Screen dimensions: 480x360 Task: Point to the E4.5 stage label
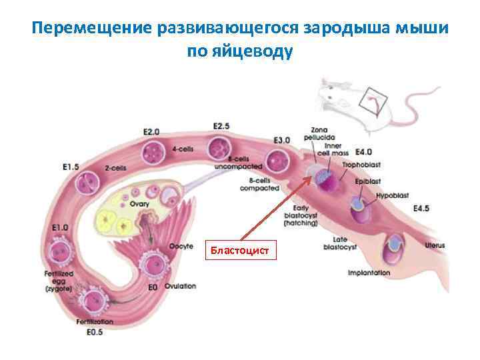point(421,209)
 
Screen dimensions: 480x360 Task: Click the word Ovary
point(139,204)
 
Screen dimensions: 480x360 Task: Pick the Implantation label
point(369,273)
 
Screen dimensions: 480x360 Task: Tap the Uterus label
point(435,246)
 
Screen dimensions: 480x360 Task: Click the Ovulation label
point(180,286)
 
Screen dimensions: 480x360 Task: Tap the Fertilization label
point(95,322)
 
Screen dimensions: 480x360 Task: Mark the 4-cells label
point(182,149)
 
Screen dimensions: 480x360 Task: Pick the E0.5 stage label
point(95,332)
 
